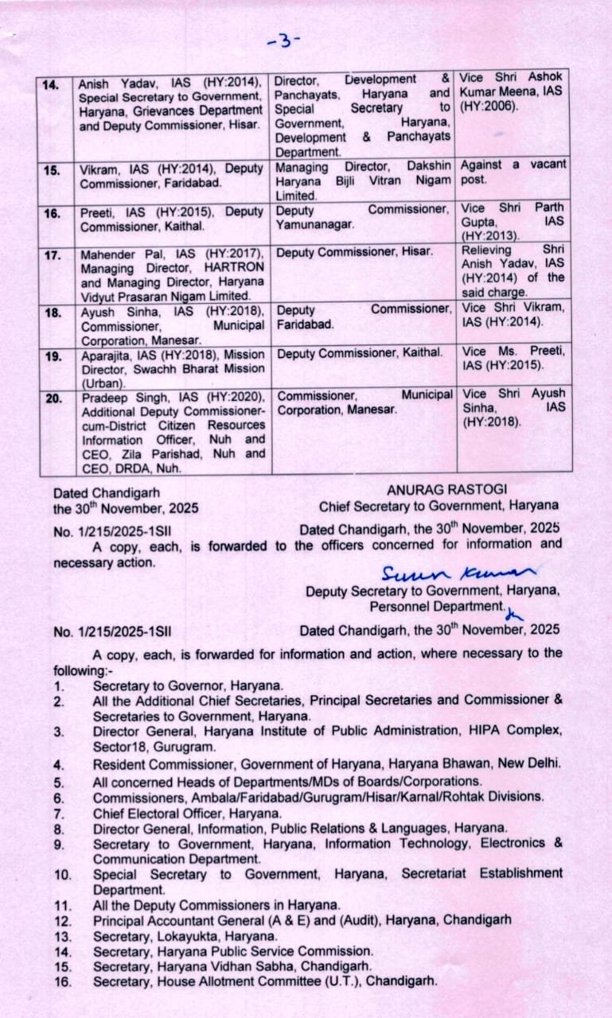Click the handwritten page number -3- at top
pos(285,41)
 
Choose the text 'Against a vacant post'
pos(513,172)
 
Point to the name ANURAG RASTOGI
pos(446,490)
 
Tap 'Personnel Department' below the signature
pos(436,607)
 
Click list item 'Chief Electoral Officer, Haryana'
pos(187,813)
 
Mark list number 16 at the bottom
pos(63,982)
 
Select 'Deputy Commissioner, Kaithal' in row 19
pos(360,352)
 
